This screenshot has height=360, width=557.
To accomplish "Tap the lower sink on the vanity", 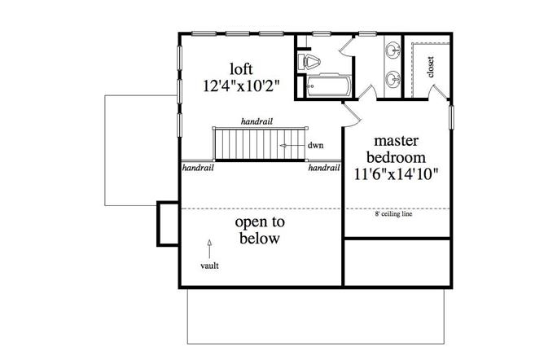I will pyautogui.click(x=395, y=80).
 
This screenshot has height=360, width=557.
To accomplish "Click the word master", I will pyautogui.click(x=397, y=141).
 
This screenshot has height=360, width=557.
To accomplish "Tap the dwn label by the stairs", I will pyautogui.click(x=316, y=146).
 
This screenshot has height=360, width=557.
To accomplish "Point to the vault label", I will pyautogui.click(x=209, y=266).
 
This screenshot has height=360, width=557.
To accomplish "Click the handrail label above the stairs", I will pyautogui.click(x=257, y=121).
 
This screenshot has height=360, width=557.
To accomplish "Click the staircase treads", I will pyautogui.click(x=244, y=144).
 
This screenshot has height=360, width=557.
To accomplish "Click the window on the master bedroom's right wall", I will pyautogui.click(x=451, y=115).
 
